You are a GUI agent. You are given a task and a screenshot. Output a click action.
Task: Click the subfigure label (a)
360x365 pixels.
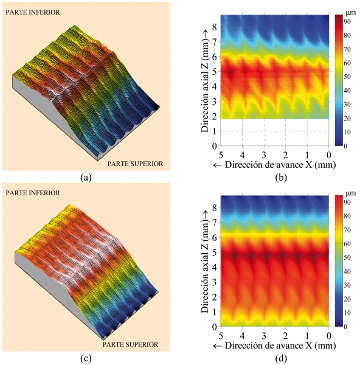click(x=86, y=178)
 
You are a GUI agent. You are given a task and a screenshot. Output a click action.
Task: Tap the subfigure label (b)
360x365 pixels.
click(x=281, y=178)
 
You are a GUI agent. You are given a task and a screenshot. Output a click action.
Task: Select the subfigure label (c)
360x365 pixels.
click(x=86, y=359)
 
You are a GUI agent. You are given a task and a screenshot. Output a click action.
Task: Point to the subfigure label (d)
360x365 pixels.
click(x=281, y=359)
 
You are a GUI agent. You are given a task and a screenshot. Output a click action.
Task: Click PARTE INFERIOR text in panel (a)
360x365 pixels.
click(x=33, y=12)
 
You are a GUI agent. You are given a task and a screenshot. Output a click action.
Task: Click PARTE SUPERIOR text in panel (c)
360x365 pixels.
click(x=130, y=344)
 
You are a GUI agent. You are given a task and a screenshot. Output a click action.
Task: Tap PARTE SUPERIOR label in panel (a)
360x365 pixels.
click(x=135, y=164)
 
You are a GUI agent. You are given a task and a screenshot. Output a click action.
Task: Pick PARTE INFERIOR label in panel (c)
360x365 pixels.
click(x=33, y=193)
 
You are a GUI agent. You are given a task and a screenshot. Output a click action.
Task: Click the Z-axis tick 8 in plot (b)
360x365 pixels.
click(x=214, y=27)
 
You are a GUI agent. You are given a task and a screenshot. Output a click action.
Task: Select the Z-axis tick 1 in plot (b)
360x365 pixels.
click(x=214, y=131)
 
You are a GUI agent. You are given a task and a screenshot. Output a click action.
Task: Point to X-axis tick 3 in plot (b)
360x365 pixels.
click(x=264, y=155)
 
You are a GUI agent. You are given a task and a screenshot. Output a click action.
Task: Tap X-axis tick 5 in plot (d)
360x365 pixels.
click(x=221, y=335)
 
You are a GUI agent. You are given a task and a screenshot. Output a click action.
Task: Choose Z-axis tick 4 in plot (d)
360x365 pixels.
click(x=214, y=267)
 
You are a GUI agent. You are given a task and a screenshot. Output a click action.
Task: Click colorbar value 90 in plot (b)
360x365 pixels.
click(x=347, y=22)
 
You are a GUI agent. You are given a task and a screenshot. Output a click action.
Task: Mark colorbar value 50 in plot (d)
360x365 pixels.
click(x=347, y=257)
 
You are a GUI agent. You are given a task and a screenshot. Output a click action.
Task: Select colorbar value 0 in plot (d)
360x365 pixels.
click(x=345, y=327)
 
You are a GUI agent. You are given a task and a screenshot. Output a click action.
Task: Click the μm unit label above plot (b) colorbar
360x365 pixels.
click(x=351, y=13)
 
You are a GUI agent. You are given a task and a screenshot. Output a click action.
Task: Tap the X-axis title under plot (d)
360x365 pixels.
click(x=275, y=346)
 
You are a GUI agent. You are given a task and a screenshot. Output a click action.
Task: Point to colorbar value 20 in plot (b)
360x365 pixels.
click(x=347, y=118)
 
